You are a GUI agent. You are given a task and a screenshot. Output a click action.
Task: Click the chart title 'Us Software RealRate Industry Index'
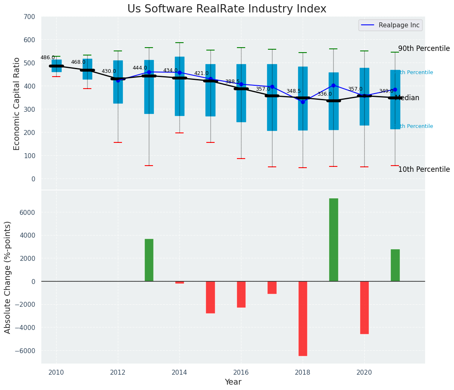tap(227, 9)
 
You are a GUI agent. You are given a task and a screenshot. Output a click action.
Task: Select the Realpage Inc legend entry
tap(390, 25)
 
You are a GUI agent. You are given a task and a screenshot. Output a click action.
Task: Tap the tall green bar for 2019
tap(333, 240)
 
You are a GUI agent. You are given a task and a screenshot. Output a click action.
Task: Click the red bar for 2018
tap(303, 318)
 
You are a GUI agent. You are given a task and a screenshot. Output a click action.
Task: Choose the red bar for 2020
tap(364, 307)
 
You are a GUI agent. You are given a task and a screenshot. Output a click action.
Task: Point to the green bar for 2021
tap(395, 265)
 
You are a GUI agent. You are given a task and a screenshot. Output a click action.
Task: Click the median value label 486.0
tap(48, 58)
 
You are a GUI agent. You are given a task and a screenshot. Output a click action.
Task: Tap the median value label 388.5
tap(232, 82)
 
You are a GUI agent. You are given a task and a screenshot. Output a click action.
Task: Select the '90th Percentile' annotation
tap(424, 48)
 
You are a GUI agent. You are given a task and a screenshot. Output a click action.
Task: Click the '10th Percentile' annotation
tap(424, 169)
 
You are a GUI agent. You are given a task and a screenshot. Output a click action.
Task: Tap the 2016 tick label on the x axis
tap(241, 372)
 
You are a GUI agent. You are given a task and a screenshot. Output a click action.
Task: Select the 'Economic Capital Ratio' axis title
tap(17, 104)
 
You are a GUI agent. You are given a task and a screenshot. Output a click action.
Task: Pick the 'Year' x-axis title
tap(233, 382)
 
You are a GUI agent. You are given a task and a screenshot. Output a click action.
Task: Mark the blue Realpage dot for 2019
tap(333, 85)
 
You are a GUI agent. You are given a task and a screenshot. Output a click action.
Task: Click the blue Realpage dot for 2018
tap(303, 102)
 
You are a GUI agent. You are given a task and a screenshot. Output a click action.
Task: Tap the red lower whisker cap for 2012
tap(118, 142)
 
